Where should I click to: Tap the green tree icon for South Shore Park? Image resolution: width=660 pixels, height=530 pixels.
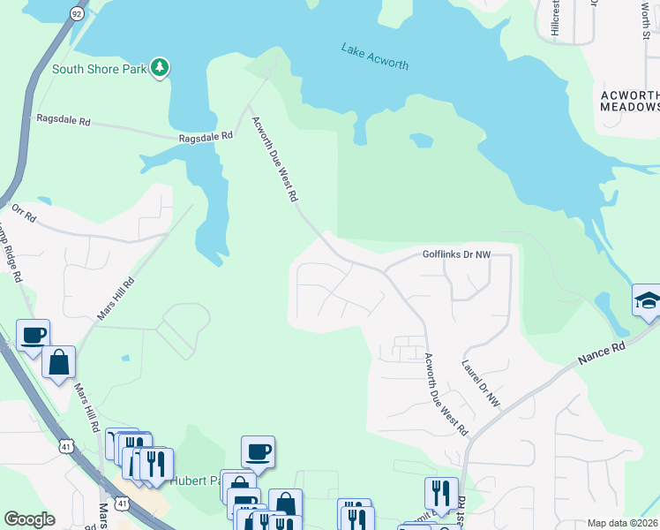point(160,68)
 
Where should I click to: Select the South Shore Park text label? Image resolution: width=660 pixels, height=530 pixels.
point(99,69)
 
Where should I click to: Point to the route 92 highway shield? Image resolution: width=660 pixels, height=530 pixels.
point(77,14)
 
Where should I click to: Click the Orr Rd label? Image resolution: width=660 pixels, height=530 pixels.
point(24,212)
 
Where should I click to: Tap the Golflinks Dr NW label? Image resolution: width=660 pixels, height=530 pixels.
point(455,254)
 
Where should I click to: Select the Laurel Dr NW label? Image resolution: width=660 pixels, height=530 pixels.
point(481,381)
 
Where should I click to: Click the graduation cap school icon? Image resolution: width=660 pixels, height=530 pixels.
point(648,300)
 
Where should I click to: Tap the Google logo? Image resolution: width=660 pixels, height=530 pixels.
point(29,519)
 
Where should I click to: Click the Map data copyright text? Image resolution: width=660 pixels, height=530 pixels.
point(623,523)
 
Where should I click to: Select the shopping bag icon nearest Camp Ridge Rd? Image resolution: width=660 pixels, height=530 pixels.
point(58,361)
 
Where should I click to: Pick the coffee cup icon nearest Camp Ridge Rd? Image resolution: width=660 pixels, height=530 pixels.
point(33,335)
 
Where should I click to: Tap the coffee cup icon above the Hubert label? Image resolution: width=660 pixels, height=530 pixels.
point(258,451)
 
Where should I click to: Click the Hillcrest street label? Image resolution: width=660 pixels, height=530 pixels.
point(555,18)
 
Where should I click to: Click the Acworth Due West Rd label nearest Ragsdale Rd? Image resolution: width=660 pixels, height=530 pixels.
point(273,160)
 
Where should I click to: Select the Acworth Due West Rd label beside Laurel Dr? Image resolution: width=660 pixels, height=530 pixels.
point(446,394)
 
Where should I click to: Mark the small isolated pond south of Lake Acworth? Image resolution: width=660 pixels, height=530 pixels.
point(422,140)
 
